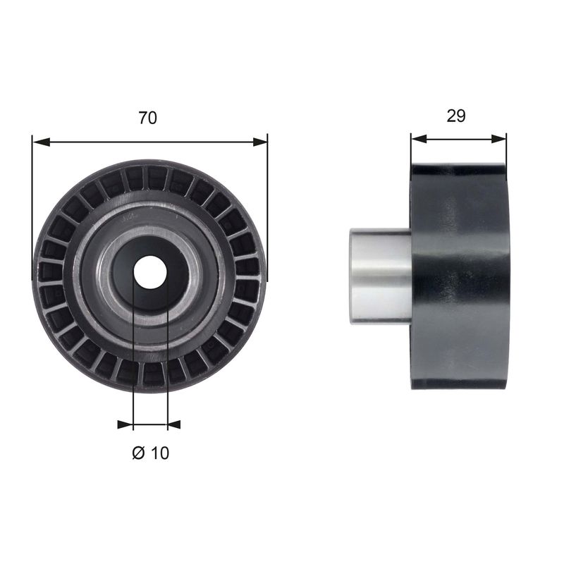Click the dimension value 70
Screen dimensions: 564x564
148,118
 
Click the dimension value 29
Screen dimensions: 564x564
456,116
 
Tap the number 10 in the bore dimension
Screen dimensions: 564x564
160,453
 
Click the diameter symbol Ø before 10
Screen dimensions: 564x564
138,453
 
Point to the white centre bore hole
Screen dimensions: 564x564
150,272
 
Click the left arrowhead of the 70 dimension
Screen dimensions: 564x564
40,142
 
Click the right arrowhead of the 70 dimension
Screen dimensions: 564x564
259,142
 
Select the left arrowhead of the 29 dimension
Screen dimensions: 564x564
419,138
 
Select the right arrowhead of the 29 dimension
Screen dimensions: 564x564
499,138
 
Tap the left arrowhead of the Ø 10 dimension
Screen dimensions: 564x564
125,424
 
